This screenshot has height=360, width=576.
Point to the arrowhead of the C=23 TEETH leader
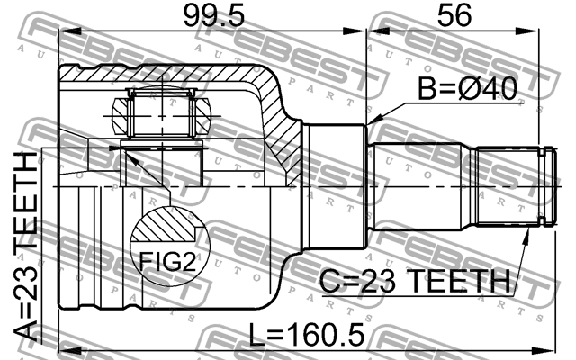pos(526,231)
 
